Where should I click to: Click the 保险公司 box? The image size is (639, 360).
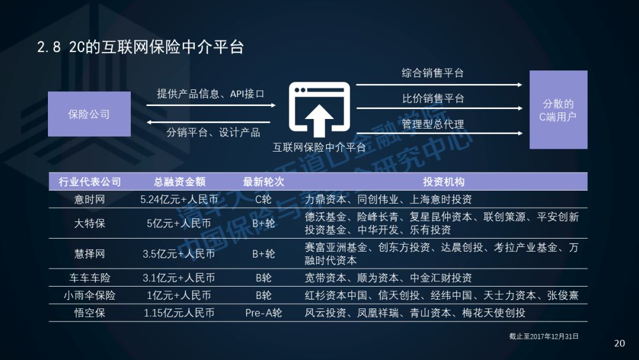[x=89, y=114]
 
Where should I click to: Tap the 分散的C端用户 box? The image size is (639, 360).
[x=558, y=110]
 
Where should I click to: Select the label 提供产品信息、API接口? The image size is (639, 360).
[x=210, y=94]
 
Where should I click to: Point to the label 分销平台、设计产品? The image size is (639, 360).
[x=213, y=132]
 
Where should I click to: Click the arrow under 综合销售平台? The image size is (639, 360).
[x=438, y=85]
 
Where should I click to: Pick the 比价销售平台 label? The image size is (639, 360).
[x=433, y=98]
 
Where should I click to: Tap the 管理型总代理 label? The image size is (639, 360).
[x=433, y=124]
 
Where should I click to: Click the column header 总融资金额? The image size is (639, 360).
[x=179, y=182]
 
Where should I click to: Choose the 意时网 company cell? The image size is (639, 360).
[x=89, y=200]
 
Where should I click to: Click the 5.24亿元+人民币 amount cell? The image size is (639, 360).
[x=179, y=200]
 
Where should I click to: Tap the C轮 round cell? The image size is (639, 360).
[x=263, y=200]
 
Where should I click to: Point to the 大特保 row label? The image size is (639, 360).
[x=89, y=224]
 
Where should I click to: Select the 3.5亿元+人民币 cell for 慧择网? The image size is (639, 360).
[x=179, y=254]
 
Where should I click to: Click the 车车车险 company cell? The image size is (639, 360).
[x=89, y=278]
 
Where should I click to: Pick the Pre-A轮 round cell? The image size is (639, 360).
[x=263, y=313]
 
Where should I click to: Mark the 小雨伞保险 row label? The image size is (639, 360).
[x=89, y=295]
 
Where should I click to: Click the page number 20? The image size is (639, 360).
[x=619, y=343]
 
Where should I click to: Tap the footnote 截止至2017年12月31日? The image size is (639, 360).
[x=544, y=336]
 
